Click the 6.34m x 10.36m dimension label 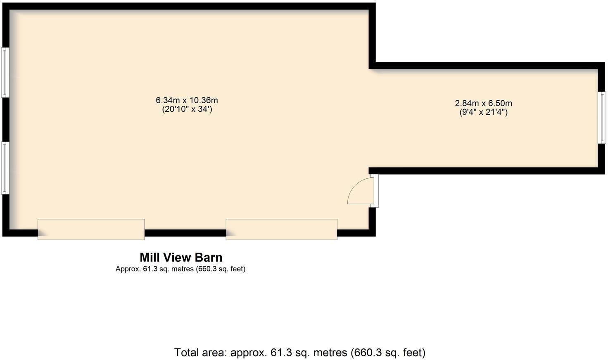click(187, 100)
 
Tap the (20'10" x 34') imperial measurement click(187, 109)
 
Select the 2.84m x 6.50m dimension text click(483, 103)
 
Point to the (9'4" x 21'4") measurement click(483, 112)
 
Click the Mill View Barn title click(181, 258)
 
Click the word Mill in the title click(150, 258)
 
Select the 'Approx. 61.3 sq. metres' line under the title click(180, 269)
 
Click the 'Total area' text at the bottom click(200, 353)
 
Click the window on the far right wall click(603, 118)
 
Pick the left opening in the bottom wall click(91, 229)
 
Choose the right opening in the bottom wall click(281, 229)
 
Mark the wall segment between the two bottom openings click(185, 233)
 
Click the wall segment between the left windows click(5, 120)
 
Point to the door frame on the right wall click(375, 190)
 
